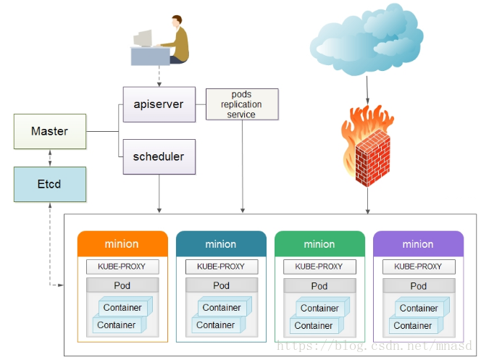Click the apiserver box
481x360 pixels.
click(159, 104)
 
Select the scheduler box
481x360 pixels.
click(159, 156)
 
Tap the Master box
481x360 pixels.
click(50, 131)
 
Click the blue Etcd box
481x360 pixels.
click(50, 184)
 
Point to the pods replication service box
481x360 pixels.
click(241, 105)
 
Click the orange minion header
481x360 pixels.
click(122, 243)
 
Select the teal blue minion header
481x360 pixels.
click(221, 243)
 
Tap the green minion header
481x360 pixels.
click(319, 243)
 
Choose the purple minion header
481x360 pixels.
click(418, 243)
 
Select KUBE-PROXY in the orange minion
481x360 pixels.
click(122, 267)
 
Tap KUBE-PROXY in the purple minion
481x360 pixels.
click(418, 267)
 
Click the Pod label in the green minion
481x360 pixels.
click(319, 285)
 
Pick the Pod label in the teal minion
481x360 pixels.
click(221, 285)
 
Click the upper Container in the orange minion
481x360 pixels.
click(122, 307)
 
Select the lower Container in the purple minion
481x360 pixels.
click(413, 325)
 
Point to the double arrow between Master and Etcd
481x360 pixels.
click(50, 158)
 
